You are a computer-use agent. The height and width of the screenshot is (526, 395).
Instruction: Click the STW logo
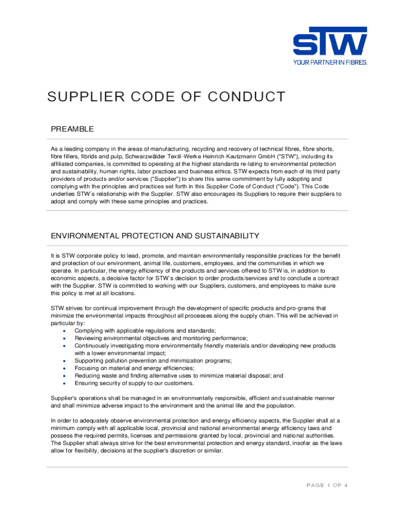[x=330, y=43]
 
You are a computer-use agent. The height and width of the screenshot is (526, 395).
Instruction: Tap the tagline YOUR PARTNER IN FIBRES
[x=330, y=63]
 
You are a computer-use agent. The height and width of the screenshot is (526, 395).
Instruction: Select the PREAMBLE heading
[x=72, y=129]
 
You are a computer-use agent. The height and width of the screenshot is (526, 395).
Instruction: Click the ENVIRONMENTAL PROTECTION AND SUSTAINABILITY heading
[x=155, y=236]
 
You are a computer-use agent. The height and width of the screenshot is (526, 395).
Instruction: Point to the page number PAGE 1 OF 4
[x=327, y=485]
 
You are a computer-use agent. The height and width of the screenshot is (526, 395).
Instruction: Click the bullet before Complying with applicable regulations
[x=63, y=331]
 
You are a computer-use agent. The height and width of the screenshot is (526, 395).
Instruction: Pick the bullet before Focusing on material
[x=63, y=368]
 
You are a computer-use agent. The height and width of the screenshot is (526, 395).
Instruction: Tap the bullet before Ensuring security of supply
[x=63, y=383]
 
